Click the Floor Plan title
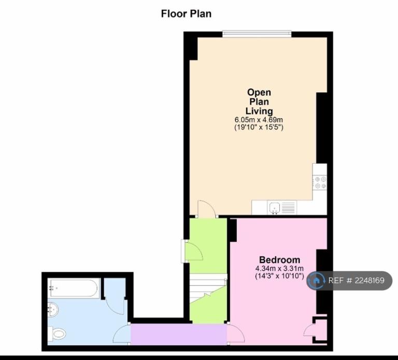(x=187, y=13)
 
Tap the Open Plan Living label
(x=259, y=102)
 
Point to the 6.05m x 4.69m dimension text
(x=259, y=120)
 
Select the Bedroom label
(x=279, y=260)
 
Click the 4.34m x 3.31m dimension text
(x=279, y=268)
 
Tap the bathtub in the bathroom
(x=74, y=288)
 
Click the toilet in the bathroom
(x=57, y=334)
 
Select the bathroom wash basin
(x=53, y=310)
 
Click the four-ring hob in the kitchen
(x=320, y=182)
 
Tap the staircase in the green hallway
(x=208, y=288)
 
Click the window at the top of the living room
(x=257, y=34)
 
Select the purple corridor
(x=179, y=334)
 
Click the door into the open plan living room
(x=207, y=209)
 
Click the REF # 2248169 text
(x=357, y=281)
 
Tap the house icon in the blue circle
(x=316, y=281)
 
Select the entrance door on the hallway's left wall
(x=192, y=251)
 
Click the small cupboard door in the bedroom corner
(x=309, y=329)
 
